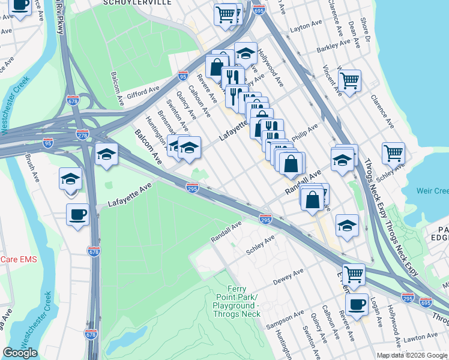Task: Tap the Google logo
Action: click(20, 353)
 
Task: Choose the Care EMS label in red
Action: click(19, 259)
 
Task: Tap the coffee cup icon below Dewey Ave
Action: click(357, 304)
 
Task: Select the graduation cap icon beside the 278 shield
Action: click(106, 155)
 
